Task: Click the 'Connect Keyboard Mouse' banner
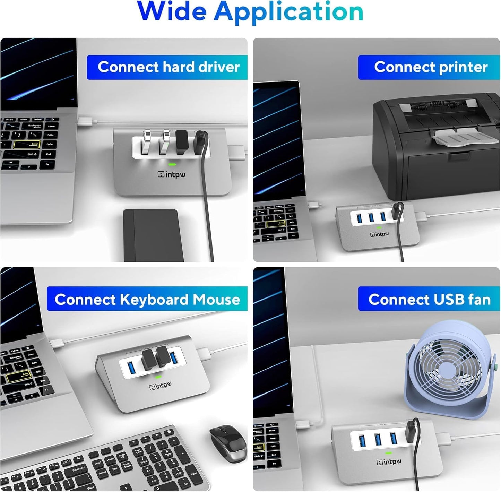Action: point(147,299)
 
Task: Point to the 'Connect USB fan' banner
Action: point(429,299)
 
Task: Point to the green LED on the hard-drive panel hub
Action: point(172,165)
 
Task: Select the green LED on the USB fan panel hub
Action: point(388,453)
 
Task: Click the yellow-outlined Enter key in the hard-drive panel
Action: point(31,145)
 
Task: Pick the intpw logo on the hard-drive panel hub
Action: point(172,174)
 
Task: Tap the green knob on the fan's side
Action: point(496,366)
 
